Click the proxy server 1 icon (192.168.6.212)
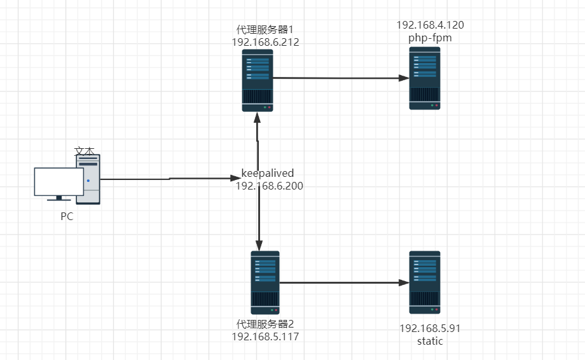[258, 81]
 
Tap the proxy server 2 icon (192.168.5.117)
[265, 282]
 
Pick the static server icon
[425, 282]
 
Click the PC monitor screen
[59, 182]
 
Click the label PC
[67, 216]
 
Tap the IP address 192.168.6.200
[270, 186]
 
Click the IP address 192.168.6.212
[266, 43]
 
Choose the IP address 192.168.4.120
[430, 25]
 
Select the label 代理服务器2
[265, 324]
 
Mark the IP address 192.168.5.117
[265, 336]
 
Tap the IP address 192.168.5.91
[430, 328]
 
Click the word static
[430, 341]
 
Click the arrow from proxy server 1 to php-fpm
[340, 78]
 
